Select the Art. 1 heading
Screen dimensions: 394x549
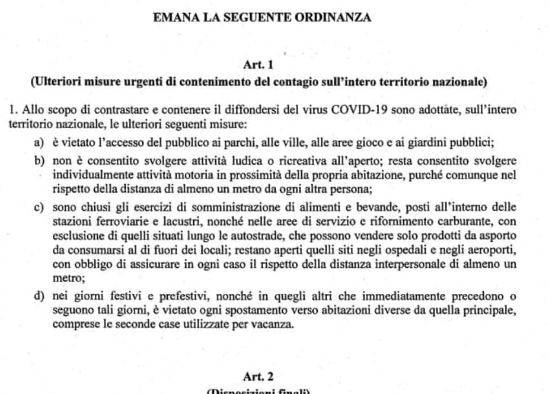click(x=258, y=64)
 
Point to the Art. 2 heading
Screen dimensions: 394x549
click(x=258, y=376)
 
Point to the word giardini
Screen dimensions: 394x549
click(x=437, y=142)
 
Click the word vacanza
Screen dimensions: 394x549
click(x=274, y=325)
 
